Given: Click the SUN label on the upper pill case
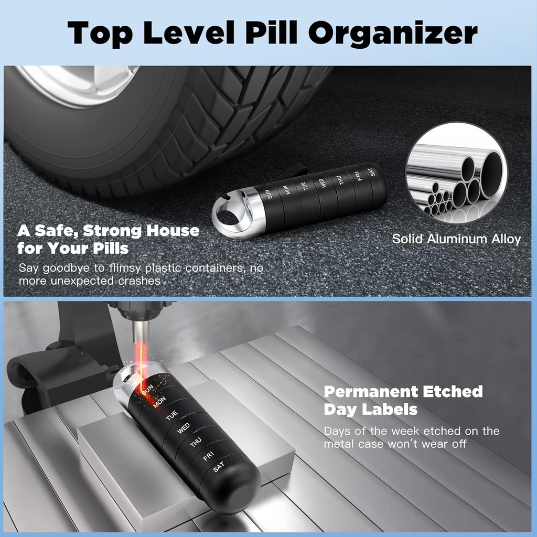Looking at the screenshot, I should point(270,194).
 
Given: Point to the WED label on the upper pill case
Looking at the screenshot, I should point(323,183).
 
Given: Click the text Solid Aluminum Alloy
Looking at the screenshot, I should point(456,239).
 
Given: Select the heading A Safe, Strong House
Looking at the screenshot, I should point(109,231).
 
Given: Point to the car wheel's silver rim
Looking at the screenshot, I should point(84,84).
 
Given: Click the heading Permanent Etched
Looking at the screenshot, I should point(403,392).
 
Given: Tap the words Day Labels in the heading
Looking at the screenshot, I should point(370,409).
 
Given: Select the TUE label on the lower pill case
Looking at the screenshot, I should point(172,416).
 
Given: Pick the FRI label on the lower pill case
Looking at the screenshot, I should point(208,456).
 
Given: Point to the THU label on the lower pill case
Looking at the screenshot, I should point(196,443).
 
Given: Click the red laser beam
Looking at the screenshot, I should point(140,357).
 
